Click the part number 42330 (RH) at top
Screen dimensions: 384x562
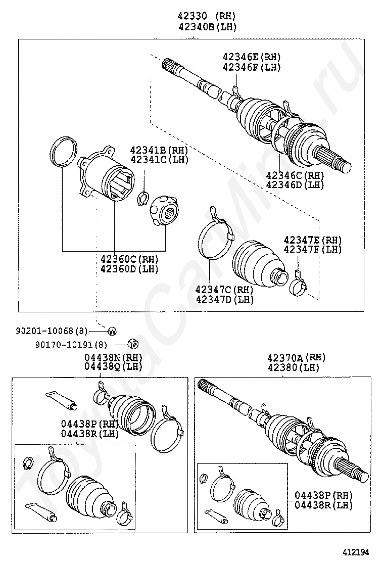tap(207, 16)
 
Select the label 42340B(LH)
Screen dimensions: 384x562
tap(207, 27)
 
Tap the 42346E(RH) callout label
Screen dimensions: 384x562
tap(252, 57)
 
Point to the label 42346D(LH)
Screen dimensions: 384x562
tap(295, 184)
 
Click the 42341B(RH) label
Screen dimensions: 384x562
tap(159, 150)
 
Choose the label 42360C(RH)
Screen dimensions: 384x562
tap(129, 258)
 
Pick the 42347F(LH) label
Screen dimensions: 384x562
tap(313, 250)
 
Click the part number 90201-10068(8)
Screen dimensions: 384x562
tap(52, 331)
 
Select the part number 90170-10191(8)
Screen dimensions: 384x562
tap(71, 345)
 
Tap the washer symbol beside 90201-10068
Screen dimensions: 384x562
tap(113, 331)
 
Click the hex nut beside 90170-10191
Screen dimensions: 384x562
tap(133, 344)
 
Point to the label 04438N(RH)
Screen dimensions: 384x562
tap(114, 357)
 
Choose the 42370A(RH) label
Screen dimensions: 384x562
tap(296, 357)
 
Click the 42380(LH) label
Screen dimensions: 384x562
tap(293, 367)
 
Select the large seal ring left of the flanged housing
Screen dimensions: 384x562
tap(63, 151)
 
